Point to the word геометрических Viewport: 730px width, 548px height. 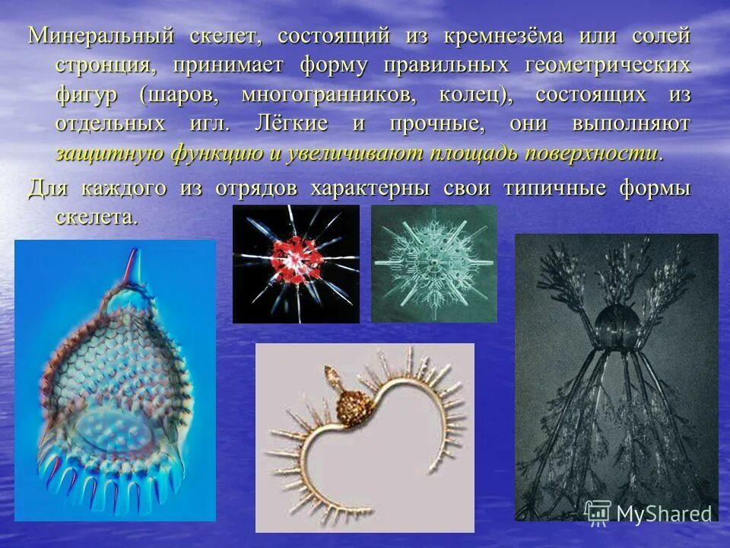[608, 65]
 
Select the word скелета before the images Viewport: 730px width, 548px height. [97, 217]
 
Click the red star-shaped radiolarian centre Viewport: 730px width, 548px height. [294, 263]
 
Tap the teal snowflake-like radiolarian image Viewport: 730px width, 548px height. [433, 263]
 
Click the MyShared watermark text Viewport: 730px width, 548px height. [664, 513]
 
